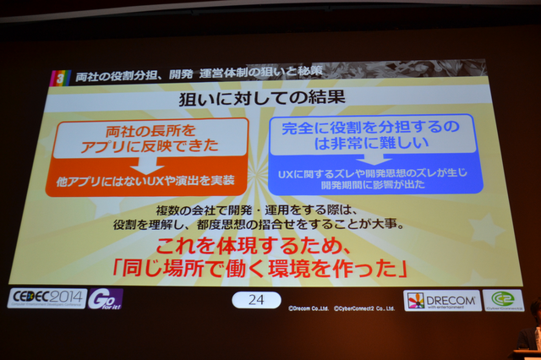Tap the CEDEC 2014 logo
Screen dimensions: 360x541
(x=47, y=298)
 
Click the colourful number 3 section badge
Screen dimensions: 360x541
(x=57, y=77)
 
